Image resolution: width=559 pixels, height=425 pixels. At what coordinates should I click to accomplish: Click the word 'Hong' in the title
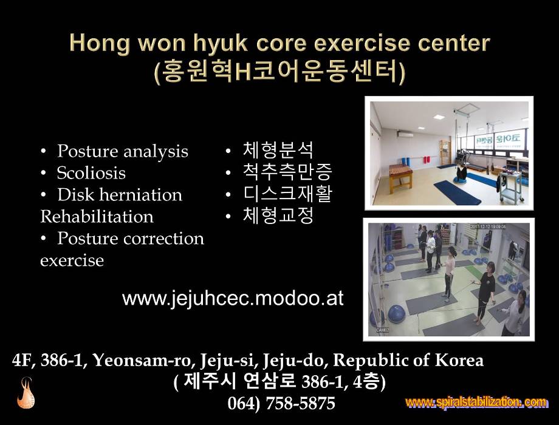pos(100,44)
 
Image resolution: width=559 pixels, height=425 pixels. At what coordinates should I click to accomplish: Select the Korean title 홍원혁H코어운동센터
pos(280,72)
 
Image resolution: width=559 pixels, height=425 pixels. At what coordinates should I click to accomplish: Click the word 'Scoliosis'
pos(91,173)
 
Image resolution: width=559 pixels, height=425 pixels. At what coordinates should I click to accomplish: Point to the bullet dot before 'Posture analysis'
pos(44,152)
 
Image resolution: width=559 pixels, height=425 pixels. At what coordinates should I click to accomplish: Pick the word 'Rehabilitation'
pos(97,217)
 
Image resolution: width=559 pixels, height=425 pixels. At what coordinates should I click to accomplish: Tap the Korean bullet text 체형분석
pos(278,149)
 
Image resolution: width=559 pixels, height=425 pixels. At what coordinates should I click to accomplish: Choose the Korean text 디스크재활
pos(287,194)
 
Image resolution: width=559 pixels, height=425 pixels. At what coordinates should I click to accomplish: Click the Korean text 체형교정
pos(278,215)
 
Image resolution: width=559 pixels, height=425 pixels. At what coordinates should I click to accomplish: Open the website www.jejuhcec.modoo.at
pos(233,298)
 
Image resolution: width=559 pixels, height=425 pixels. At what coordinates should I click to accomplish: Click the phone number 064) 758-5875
pos(281,403)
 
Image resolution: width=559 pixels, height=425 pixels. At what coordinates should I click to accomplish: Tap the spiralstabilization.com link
pos(476,402)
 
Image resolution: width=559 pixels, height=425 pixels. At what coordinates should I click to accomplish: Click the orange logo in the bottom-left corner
pos(26,393)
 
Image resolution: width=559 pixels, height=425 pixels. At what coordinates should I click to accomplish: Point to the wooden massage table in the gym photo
pos(400,176)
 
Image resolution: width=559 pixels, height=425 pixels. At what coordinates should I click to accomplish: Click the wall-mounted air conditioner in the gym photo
pos(405,134)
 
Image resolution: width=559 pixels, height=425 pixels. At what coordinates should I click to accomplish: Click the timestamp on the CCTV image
pos(487,226)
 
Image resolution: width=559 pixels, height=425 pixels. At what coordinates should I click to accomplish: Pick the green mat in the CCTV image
pos(475,273)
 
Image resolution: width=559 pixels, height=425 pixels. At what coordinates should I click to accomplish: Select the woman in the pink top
pos(449,274)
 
